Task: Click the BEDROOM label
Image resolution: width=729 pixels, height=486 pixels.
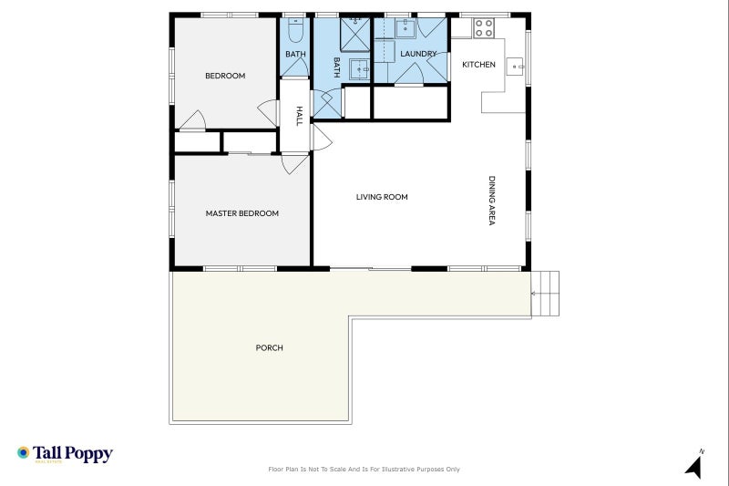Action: click(x=225, y=76)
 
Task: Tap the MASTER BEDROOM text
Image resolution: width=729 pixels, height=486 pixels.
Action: click(x=241, y=213)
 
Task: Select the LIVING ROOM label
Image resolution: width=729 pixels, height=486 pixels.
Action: click(x=382, y=197)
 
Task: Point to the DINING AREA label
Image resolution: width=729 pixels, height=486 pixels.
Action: click(x=492, y=201)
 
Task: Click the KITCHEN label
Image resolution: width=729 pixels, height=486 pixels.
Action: click(x=478, y=65)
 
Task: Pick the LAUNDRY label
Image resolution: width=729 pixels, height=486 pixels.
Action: click(x=418, y=54)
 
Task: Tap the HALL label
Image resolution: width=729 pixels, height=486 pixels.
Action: click(x=298, y=116)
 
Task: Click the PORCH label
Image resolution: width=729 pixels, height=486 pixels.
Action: click(x=269, y=347)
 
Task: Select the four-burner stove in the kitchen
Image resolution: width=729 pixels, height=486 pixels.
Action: click(x=483, y=28)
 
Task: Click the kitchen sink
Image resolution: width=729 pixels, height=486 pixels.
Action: click(x=515, y=67)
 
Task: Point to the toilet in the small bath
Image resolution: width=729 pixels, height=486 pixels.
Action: click(x=294, y=32)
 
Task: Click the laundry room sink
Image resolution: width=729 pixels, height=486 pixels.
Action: click(x=406, y=27)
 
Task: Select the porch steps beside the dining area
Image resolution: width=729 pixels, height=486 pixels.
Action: click(x=546, y=294)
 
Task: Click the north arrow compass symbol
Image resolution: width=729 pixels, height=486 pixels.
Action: click(x=694, y=465)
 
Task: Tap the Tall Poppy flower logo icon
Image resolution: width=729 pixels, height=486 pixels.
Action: click(x=24, y=452)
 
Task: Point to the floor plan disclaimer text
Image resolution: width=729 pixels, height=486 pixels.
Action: click(x=364, y=470)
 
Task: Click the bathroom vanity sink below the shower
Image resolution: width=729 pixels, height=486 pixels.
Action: click(x=359, y=70)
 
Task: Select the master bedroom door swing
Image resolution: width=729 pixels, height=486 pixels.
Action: click(x=294, y=164)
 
